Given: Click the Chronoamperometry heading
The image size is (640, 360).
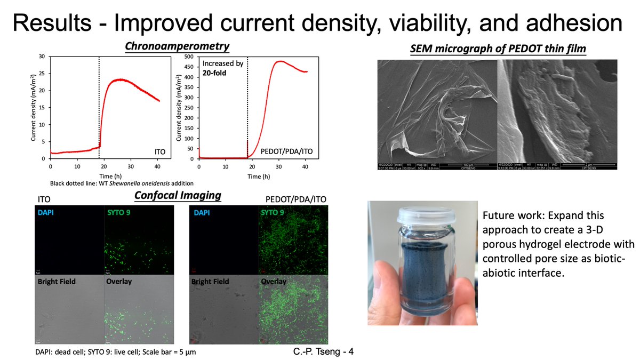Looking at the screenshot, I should click(177, 46).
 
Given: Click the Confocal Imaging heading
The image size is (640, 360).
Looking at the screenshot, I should click(178, 195).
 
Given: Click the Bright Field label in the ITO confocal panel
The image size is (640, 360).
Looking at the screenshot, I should click(57, 281).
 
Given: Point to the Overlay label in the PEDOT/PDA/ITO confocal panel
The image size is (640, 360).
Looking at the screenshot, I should click(274, 281).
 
